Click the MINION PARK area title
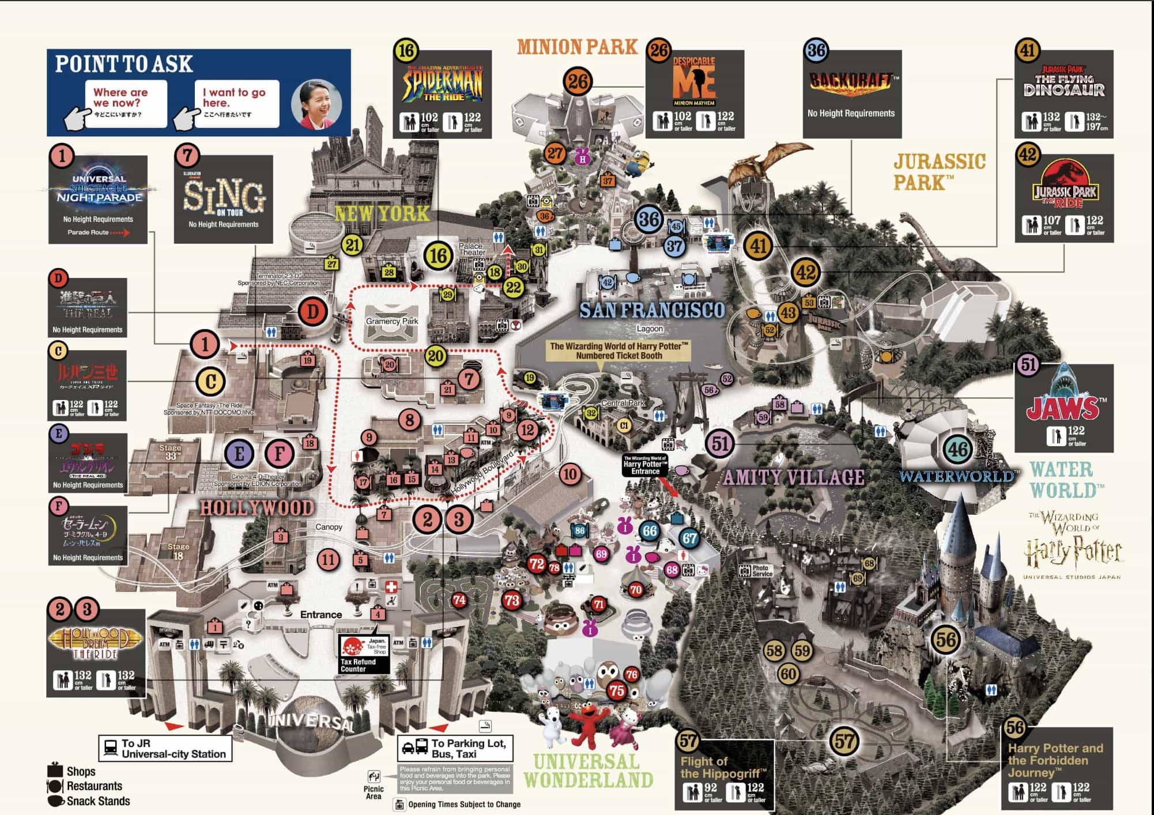[x=577, y=46]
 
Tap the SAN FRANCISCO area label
[x=652, y=311]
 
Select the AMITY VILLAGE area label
[x=794, y=477]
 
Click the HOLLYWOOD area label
[x=257, y=508]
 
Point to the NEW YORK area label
[x=382, y=214]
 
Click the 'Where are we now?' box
[x=126, y=103]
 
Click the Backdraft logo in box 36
[x=851, y=81]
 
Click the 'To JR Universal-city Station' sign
[x=165, y=749]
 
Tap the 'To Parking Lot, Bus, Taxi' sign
[x=455, y=749]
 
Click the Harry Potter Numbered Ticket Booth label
[x=619, y=350]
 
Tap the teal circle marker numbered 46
[x=958, y=450]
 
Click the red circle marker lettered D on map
[x=312, y=312]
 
